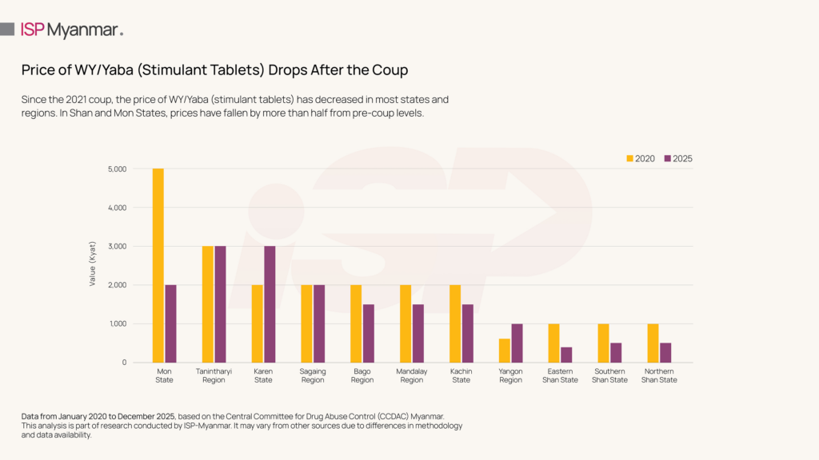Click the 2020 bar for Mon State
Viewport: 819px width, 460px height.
click(x=158, y=265)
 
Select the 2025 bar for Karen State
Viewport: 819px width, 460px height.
click(x=270, y=304)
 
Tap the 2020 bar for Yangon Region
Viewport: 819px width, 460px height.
click(x=504, y=351)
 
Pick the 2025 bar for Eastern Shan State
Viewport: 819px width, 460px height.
click(x=566, y=355)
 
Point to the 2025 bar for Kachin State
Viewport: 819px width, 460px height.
click(x=467, y=333)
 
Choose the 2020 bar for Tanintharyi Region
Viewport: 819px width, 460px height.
click(x=208, y=304)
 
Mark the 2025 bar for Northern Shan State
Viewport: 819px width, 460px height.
click(x=665, y=352)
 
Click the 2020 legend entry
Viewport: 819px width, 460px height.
click(x=641, y=158)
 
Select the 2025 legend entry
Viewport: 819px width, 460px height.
click(x=678, y=158)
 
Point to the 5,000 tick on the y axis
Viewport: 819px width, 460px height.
click(x=116, y=169)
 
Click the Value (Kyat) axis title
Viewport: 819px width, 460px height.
click(x=93, y=265)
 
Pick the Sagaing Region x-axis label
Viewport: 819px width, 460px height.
click(x=313, y=375)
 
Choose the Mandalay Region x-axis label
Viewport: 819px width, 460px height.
click(x=412, y=375)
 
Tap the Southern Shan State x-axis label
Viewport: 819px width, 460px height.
click(x=609, y=375)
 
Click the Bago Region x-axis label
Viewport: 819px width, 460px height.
click(x=362, y=375)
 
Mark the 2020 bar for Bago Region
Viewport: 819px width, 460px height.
click(x=356, y=323)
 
